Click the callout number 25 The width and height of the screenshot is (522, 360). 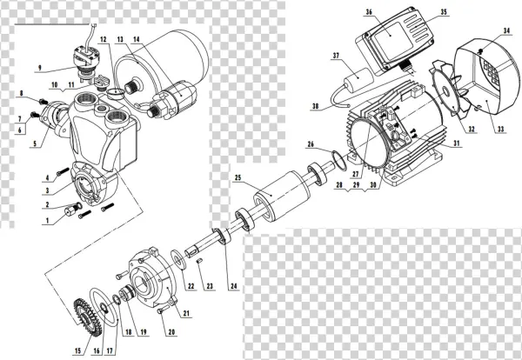pos(238,178)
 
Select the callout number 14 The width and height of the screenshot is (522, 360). pos(136,40)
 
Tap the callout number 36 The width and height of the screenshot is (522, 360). pos(370,12)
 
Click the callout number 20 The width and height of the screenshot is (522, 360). pos(171,331)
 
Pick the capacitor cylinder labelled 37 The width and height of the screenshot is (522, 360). pos(357,84)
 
